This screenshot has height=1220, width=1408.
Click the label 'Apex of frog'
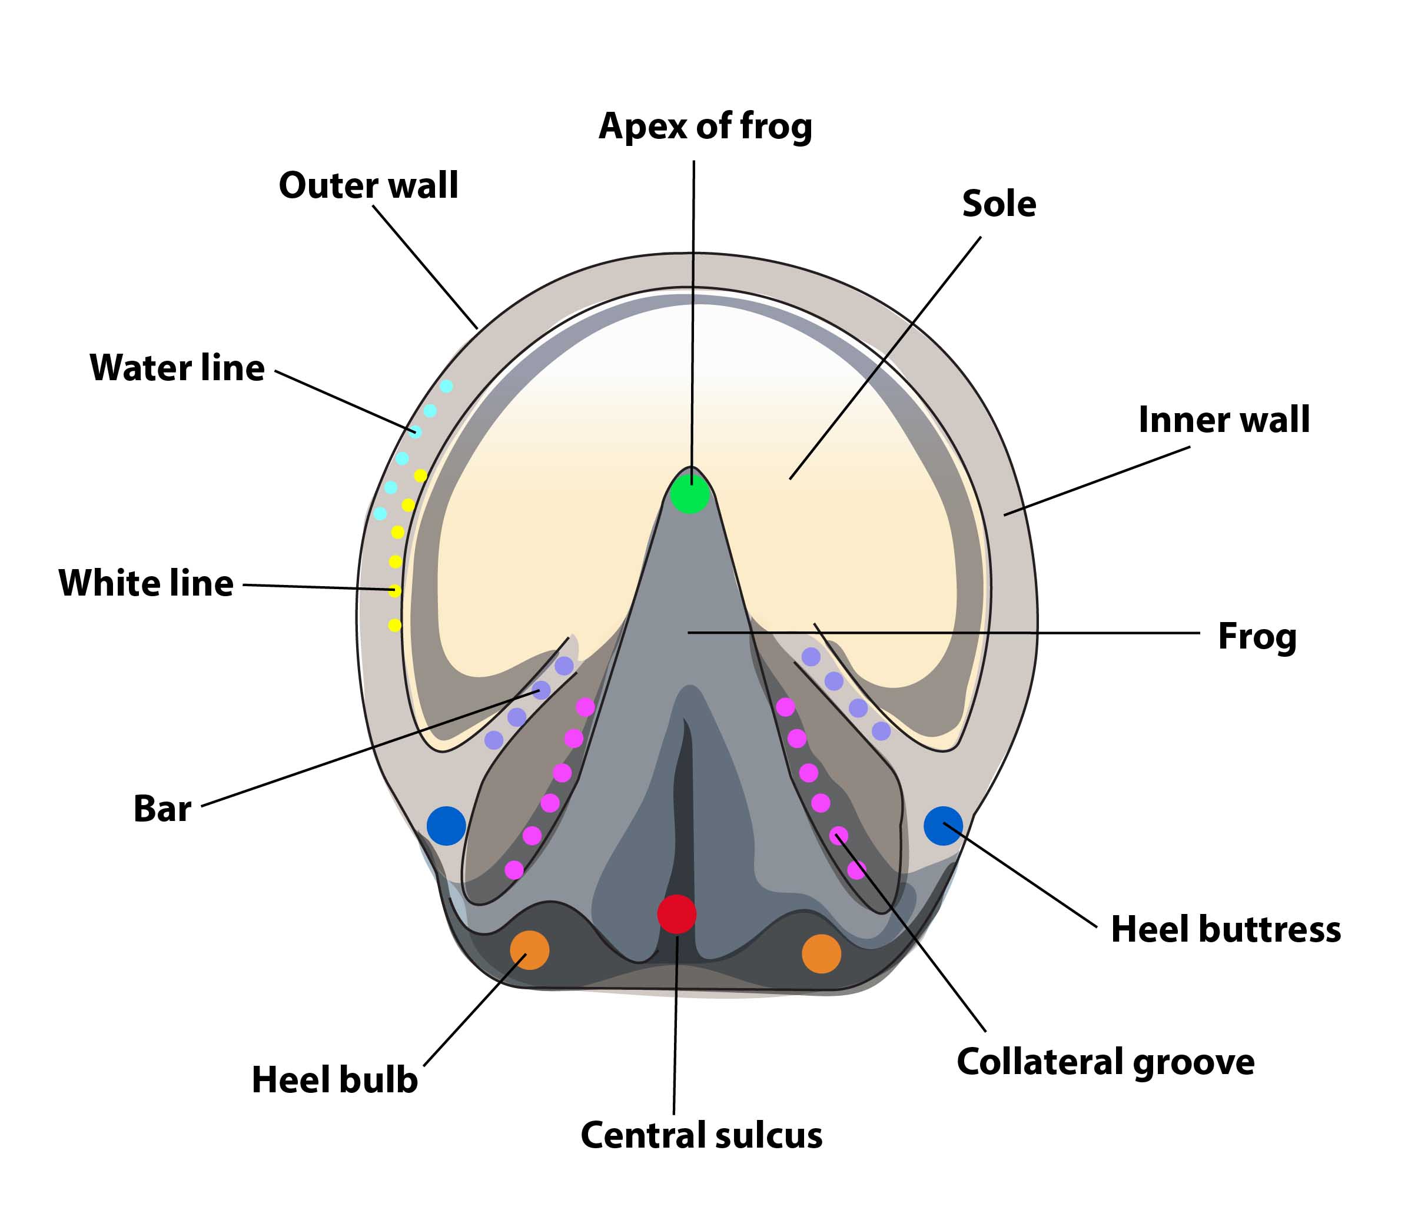click(x=705, y=127)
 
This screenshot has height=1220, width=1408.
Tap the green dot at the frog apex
click(x=690, y=494)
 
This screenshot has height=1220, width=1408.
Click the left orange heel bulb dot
click(x=530, y=950)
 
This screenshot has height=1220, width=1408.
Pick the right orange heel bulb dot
click(x=821, y=953)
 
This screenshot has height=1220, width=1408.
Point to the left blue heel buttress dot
click(x=446, y=826)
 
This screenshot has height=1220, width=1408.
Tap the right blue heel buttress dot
click(x=943, y=826)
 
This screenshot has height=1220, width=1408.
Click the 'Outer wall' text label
click(x=368, y=185)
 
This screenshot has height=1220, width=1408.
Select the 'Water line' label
click(x=177, y=368)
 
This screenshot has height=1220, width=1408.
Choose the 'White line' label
click(x=147, y=583)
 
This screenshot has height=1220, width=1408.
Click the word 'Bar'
click(x=162, y=809)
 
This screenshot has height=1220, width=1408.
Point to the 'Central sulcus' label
click(x=701, y=1136)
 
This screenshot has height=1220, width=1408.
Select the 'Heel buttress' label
click(x=1226, y=929)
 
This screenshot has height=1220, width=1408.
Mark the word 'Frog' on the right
click(x=1257, y=637)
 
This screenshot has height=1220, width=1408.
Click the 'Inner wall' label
click(x=1224, y=420)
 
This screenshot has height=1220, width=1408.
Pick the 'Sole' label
click(x=999, y=204)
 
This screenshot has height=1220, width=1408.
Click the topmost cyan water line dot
click(x=446, y=386)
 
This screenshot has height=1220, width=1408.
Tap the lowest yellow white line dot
click(x=394, y=624)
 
